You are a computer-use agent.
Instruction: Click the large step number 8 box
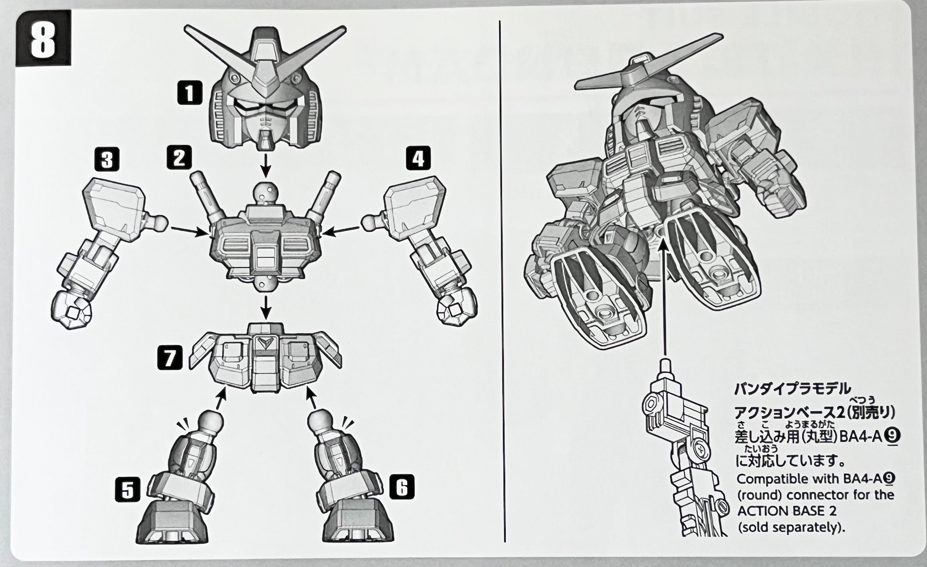(x=43, y=38)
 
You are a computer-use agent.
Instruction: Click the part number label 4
(x=418, y=158)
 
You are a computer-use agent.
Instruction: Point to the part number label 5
(x=128, y=489)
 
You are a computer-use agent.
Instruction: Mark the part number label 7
(x=170, y=357)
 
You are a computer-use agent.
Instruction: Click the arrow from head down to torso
(x=266, y=165)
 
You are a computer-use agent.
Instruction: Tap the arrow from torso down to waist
(x=266, y=307)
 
